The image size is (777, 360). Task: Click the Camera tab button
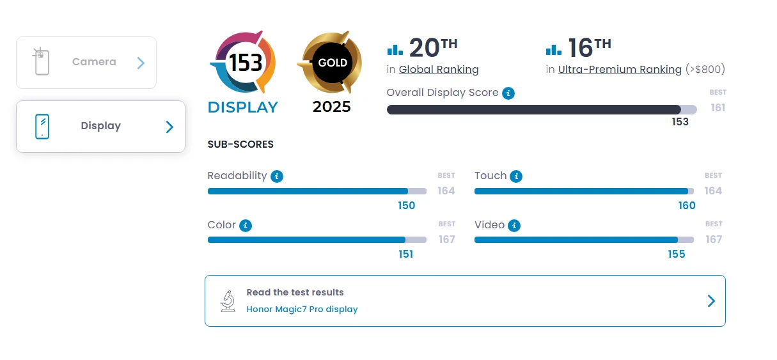pos(86,63)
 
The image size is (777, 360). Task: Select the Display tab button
pos(100,126)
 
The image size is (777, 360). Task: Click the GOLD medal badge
pos(332,63)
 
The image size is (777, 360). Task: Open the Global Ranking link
pos(439,70)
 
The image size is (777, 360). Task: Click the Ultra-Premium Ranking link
pos(620,70)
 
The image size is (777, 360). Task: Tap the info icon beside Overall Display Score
pos(508,93)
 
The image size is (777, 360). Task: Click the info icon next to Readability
pos(277,176)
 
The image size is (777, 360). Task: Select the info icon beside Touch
pos(516,176)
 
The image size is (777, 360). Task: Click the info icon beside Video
pos(514,226)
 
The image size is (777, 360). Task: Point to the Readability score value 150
pos(407,206)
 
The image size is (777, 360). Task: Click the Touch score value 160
pos(687,206)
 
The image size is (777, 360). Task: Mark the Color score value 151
pos(405,254)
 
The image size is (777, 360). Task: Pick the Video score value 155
pos(676,254)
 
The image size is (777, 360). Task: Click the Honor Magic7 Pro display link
pos(302,309)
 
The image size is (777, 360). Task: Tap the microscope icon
pos(228,301)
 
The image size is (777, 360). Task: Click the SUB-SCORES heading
pos(240,145)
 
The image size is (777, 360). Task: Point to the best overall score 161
pos(718,108)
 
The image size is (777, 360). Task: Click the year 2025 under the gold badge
pos(332,107)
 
